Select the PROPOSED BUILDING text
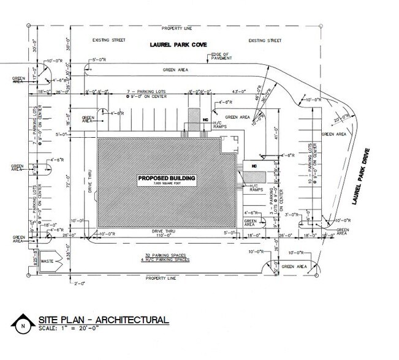(x=166, y=178)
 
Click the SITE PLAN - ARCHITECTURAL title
(x=104, y=320)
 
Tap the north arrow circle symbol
(x=23, y=324)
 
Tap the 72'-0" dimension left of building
(x=78, y=183)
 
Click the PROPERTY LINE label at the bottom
(x=166, y=278)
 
